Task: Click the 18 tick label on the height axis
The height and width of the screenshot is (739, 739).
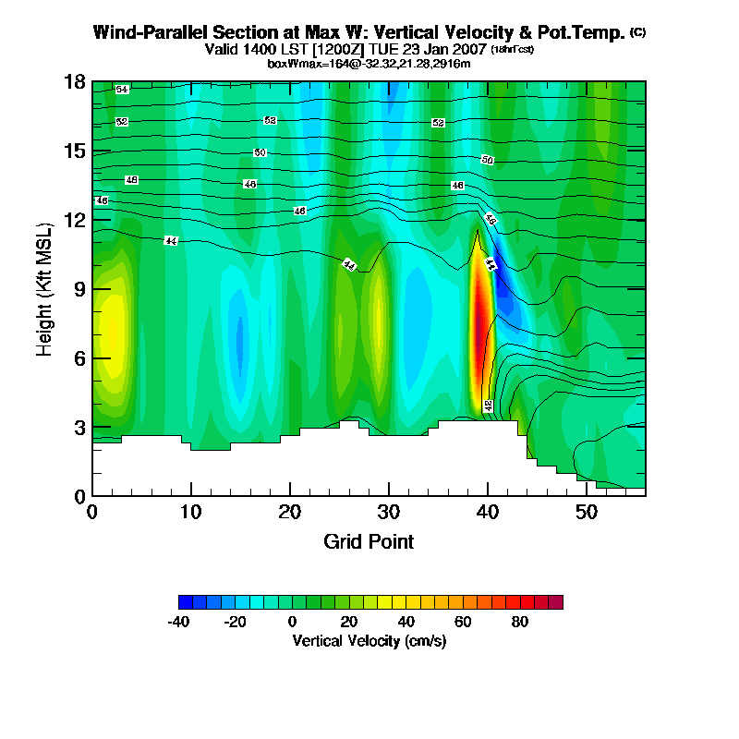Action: [x=75, y=82]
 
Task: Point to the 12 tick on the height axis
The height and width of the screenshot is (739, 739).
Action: [x=75, y=220]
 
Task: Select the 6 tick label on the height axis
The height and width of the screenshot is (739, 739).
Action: [x=79, y=358]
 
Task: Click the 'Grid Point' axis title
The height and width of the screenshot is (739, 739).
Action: [x=369, y=541]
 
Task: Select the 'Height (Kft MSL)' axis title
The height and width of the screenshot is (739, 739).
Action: [x=44, y=289]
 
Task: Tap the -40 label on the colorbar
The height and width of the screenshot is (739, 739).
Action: [x=178, y=623]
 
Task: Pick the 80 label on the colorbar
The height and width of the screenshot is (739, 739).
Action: [x=520, y=623]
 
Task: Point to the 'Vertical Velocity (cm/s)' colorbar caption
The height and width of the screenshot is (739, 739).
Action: [x=369, y=641]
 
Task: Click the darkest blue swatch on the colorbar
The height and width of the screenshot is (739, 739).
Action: [x=186, y=602]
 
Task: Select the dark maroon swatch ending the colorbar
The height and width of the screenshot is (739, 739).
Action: [x=555, y=602]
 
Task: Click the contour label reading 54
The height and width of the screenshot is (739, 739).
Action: [x=122, y=89]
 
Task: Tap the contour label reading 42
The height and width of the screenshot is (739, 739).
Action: [x=488, y=405]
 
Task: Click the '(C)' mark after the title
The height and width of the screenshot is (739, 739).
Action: [x=638, y=32]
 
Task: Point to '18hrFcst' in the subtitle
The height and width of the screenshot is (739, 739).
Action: [x=512, y=49]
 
